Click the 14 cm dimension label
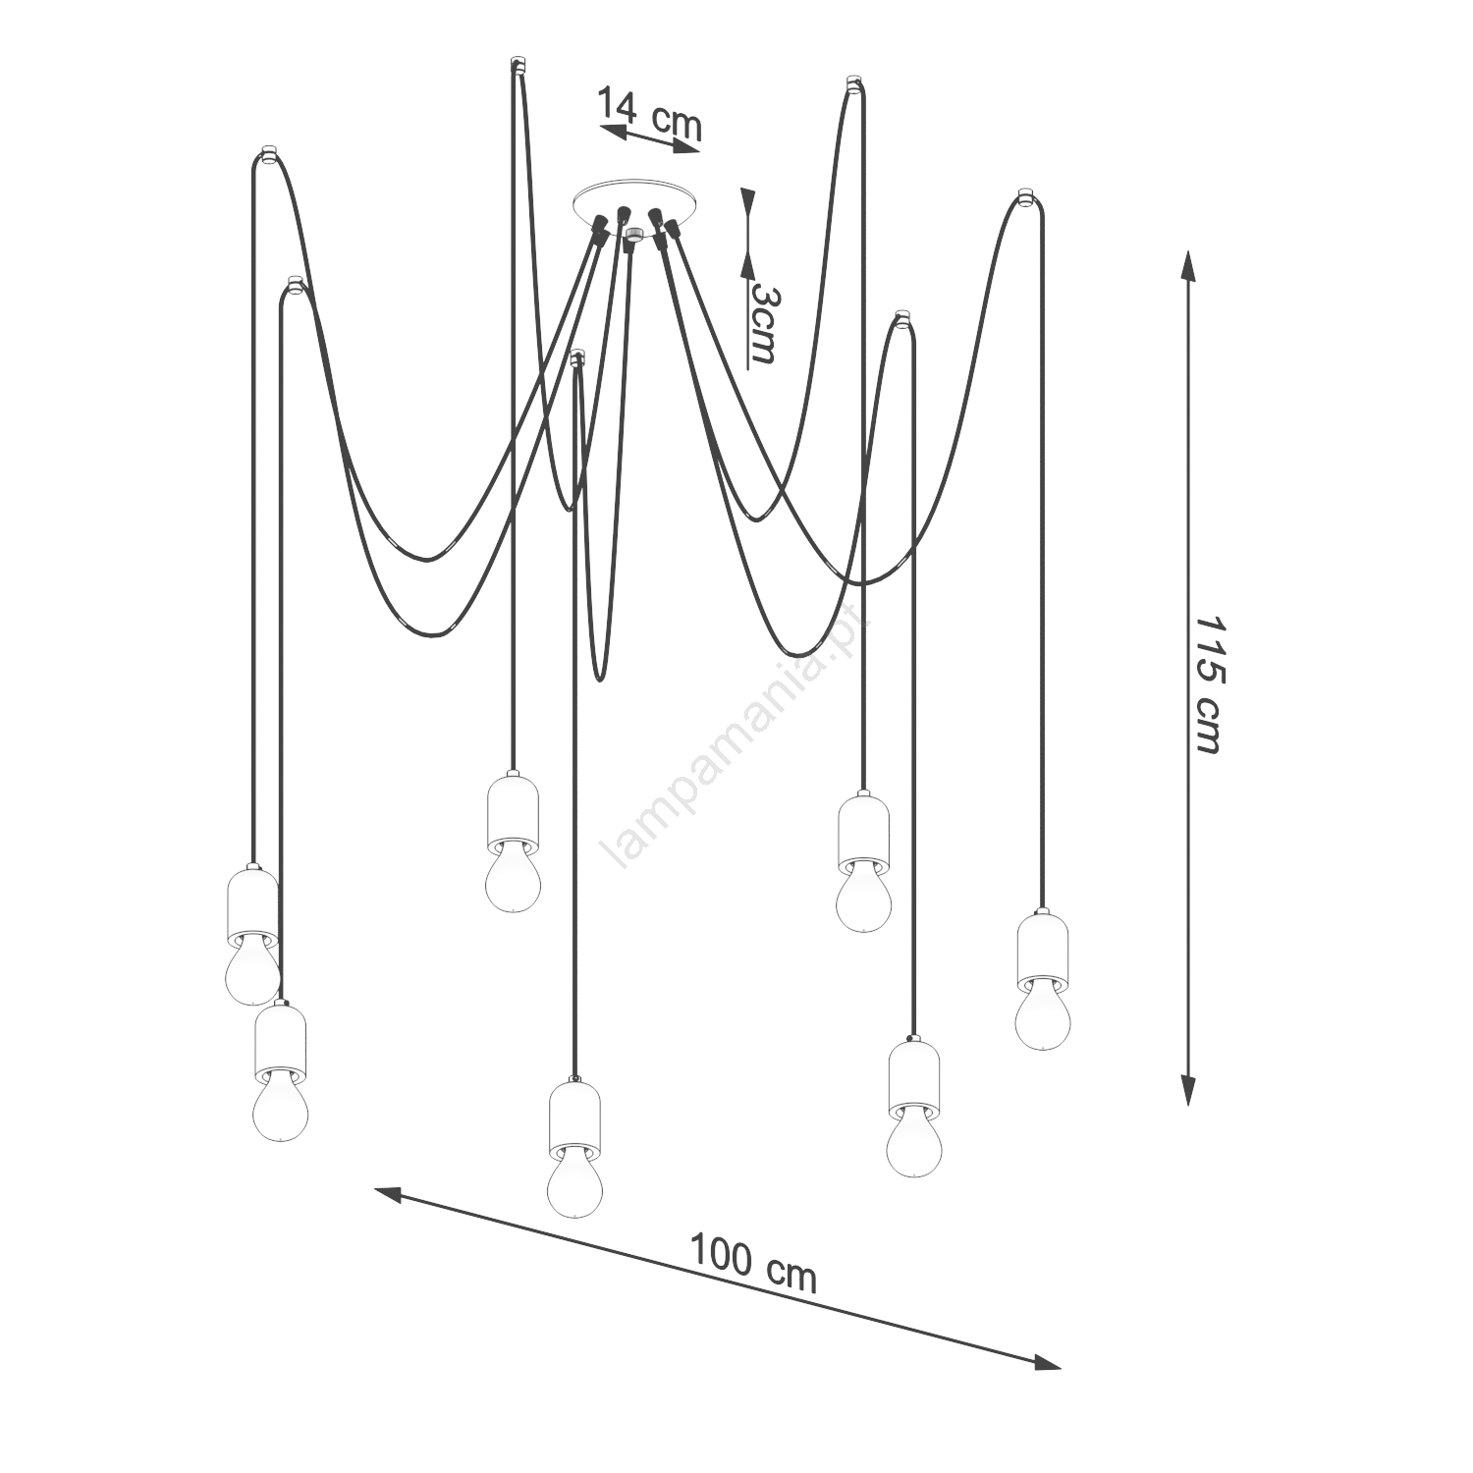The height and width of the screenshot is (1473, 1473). pyautogui.click(x=650, y=113)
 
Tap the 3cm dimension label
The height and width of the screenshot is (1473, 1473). pyautogui.click(x=763, y=324)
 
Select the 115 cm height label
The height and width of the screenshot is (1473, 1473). pyautogui.click(x=1206, y=685)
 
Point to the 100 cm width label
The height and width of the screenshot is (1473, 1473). pyautogui.click(x=753, y=1262)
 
